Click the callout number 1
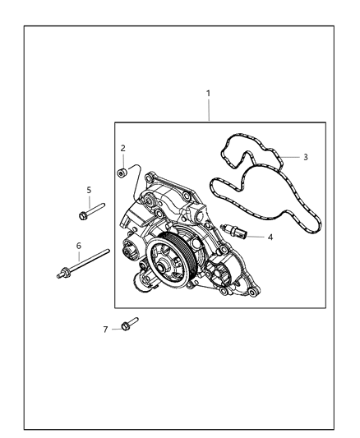(208, 93)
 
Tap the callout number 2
(122, 148)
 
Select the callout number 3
(306, 156)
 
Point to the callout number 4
(270, 237)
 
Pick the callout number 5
(88, 190)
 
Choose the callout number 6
(78, 245)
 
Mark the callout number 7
(105, 329)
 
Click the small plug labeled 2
(121, 172)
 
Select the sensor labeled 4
(238, 230)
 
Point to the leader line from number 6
(78, 256)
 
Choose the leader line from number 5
(88, 201)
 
